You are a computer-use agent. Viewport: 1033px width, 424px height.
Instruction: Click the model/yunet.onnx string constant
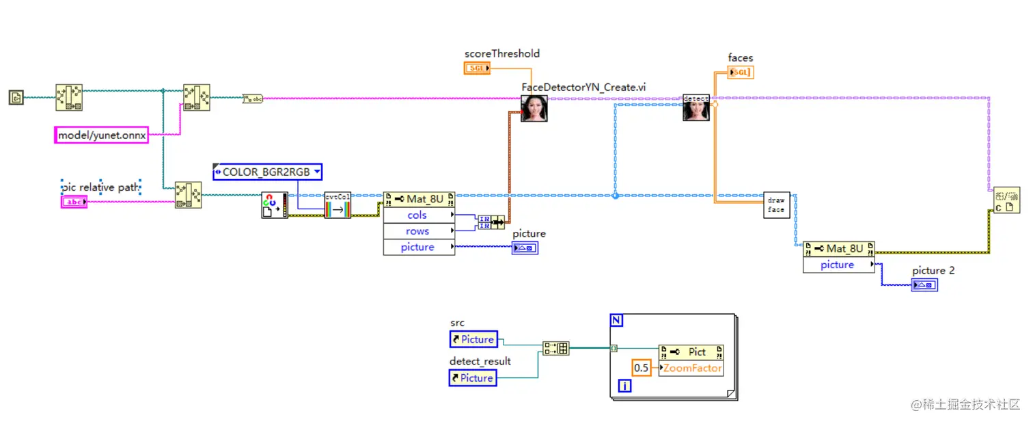tap(101, 135)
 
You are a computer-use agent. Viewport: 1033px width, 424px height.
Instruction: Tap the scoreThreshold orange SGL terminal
tap(477, 68)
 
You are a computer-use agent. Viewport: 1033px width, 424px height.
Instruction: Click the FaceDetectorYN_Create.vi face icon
tap(534, 108)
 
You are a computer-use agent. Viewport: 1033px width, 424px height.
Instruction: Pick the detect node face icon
tap(696, 108)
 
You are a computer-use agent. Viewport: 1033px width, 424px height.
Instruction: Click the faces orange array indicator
tap(741, 72)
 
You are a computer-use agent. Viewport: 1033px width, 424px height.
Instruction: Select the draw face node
tap(776, 204)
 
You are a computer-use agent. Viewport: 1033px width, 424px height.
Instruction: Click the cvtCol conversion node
tap(338, 204)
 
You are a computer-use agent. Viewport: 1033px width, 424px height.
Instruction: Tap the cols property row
tap(418, 215)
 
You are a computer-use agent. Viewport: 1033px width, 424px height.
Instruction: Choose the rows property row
tap(418, 231)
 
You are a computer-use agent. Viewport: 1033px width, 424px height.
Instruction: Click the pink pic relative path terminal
tap(74, 202)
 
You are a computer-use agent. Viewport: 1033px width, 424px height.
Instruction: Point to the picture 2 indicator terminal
tap(924, 284)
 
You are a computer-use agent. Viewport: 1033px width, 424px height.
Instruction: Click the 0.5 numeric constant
tap(642, 368)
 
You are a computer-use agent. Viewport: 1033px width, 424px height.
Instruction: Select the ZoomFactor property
tap(691, 368)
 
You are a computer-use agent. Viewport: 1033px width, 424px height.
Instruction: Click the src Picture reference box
tap(473, 339)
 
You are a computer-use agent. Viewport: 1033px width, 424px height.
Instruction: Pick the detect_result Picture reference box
tap(473, 377)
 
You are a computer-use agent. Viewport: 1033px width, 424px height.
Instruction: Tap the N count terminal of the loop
tap(616, 320)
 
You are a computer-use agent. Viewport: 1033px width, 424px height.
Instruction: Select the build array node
tap(555, 349)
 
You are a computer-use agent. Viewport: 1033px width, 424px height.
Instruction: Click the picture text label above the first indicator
tap(529, 233)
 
